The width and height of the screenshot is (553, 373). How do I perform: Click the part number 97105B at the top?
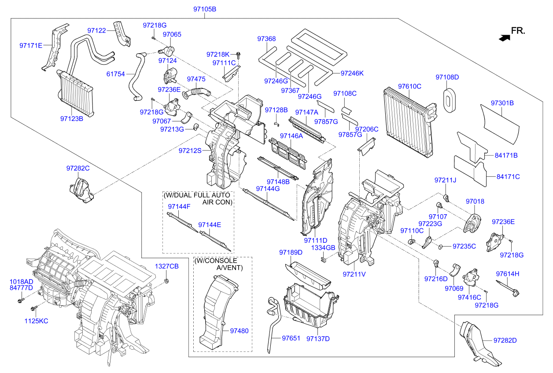coord(205,9)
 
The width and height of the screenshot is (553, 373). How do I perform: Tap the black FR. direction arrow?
coord(504,38)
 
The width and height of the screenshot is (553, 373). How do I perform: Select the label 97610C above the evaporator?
coord(409,86)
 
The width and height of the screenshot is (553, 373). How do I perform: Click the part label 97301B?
coord(503,103)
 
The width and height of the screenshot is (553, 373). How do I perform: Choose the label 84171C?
coord(508,176)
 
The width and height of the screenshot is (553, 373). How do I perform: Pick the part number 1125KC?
coord(36,321)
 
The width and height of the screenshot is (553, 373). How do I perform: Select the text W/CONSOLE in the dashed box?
coord(216,261)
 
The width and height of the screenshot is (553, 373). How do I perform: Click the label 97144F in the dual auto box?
coord(179,206)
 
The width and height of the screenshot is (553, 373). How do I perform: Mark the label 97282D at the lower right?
coord(505,340)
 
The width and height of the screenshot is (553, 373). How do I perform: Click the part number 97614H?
coord(508,274)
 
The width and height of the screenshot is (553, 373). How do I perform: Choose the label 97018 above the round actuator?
coord(475,201)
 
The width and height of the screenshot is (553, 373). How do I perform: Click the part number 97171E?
coord(31,45)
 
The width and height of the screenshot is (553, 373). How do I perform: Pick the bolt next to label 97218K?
coord(238,55)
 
